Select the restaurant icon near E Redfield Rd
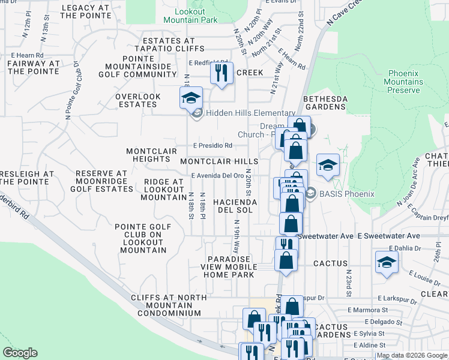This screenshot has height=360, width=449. [221, 74]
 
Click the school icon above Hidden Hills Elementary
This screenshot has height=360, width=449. [191, 98]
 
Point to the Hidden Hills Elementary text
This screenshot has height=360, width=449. [251, 113]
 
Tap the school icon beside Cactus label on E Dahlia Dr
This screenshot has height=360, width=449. [387, 262]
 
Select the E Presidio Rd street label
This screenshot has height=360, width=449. [212, 145]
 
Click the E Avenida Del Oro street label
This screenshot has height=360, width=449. [217, 176]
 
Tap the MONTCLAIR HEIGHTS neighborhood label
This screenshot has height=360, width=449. [148, 155]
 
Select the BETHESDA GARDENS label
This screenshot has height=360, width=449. [324, 103]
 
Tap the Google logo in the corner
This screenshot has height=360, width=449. [20, 353]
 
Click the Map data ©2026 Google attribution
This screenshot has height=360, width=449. [412, 356]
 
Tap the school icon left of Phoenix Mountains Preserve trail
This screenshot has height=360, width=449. [328, 166]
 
